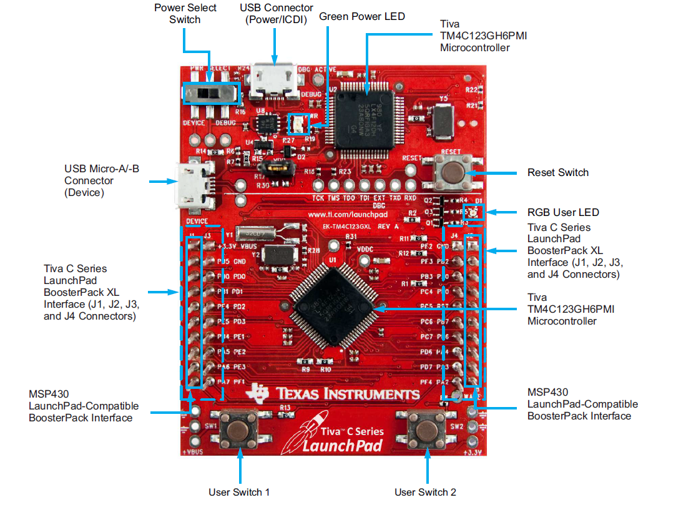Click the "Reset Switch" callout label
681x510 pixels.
[x=557, y=172]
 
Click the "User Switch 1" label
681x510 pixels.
[x=239, y=492]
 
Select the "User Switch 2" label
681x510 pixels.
[x=425, y=492]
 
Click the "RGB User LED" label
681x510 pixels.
[x=563, y=212]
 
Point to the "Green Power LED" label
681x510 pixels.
[x=362, y=16]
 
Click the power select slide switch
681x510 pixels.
[x=211, y=94]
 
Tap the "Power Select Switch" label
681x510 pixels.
[x=185, y=13]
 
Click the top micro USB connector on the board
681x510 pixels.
[x=273, y=82]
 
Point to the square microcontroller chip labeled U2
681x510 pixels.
[x=364, y=119]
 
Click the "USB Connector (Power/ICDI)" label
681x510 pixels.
[x=277, y=13]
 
